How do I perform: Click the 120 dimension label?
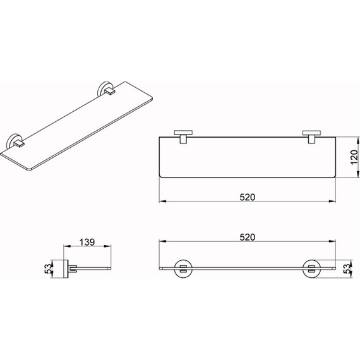click(x=354, y=157)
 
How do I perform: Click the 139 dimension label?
click(x=87, y=242)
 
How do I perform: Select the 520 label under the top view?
click(x=248, y=197)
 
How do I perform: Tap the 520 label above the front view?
click(x=248, y=237)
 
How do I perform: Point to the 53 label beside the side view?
click(x=49, y=268)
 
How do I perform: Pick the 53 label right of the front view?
click(x=347, y=268)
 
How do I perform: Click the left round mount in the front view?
click(x=183, y=268)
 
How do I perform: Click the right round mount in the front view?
click(x=311, y=268)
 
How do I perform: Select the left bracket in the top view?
click(x=183, y=137)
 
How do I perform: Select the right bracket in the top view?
click(x=311, y=137)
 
